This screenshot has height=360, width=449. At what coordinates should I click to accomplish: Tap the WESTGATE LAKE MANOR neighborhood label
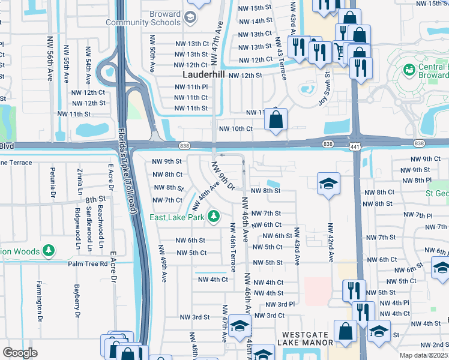click(x=305, y=338)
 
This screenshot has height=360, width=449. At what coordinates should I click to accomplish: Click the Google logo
click(x=20, y=353)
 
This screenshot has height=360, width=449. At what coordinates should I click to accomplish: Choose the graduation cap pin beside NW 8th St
click(x=328, y=184)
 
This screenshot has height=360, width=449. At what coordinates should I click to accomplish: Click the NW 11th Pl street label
click(x=191, y=87)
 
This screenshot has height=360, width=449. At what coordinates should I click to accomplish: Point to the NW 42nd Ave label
click(x=330, y=243)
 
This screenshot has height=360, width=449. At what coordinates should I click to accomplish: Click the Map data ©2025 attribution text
click(x=424, y=355)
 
